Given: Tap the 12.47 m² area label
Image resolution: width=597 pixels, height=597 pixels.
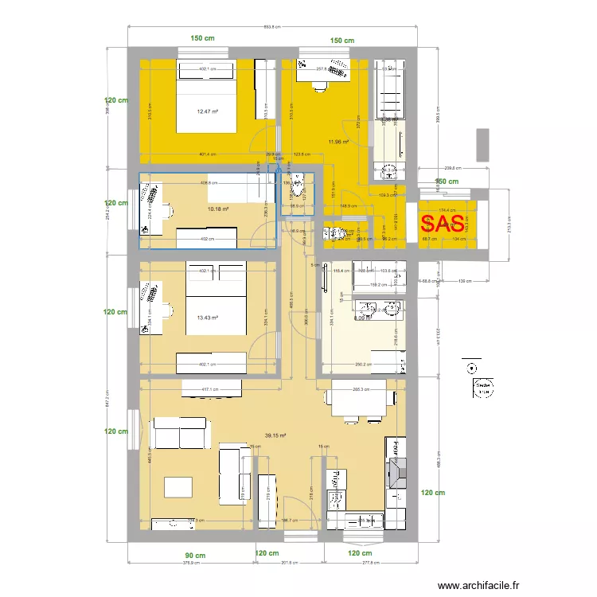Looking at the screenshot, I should pos(208,111).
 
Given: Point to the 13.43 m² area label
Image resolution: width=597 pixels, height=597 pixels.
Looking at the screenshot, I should pos(207,317).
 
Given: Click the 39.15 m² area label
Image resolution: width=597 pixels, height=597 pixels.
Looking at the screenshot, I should pos(275,435).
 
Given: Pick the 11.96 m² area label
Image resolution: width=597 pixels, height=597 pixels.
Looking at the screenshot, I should pos(338,142).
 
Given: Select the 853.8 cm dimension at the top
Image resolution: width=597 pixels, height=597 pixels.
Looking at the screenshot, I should pos(271,27).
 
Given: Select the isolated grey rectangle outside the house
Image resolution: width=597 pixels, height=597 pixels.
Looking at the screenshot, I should pos(483,144).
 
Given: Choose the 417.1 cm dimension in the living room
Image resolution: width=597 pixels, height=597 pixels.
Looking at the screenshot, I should pos(210,389).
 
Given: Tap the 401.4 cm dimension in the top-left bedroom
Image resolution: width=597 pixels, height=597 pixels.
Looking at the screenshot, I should pos(209,154).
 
